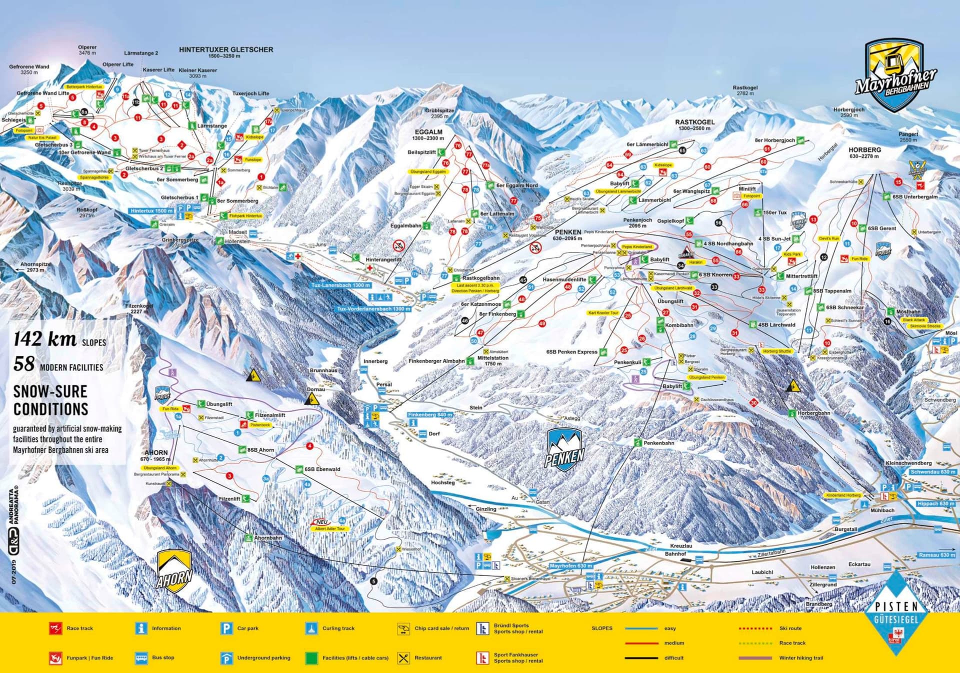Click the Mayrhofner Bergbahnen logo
(x=895, y=75)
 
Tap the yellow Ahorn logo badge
(x=174, y=571)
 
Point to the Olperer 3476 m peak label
(x=87, y=50)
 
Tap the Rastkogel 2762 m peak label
(x=745, y=90)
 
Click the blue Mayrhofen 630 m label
(x=570, y=565)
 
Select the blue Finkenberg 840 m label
(x=430, y=414)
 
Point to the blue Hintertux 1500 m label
(x=151, y=211)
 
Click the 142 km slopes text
(x=59, y=339)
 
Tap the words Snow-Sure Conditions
(x=50, y=400)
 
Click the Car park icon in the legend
(x=226, y=628)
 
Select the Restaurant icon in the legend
(x=403, y=658)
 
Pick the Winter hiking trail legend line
(x=755, y=658)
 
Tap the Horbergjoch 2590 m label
(x=849, y=112)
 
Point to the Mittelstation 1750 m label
(x=492, y=360)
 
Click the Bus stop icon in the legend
(x=141, y=658)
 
